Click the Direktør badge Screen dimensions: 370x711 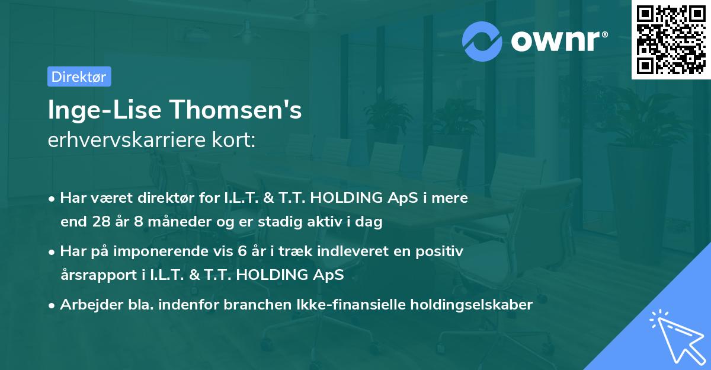[x=79, y=76]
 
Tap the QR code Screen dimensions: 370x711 [x=671, y=39]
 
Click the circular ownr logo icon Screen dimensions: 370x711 [x=482, y=41]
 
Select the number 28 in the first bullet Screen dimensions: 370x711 [x=100, y=222]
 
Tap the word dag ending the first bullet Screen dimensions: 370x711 [x=370, y=222]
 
